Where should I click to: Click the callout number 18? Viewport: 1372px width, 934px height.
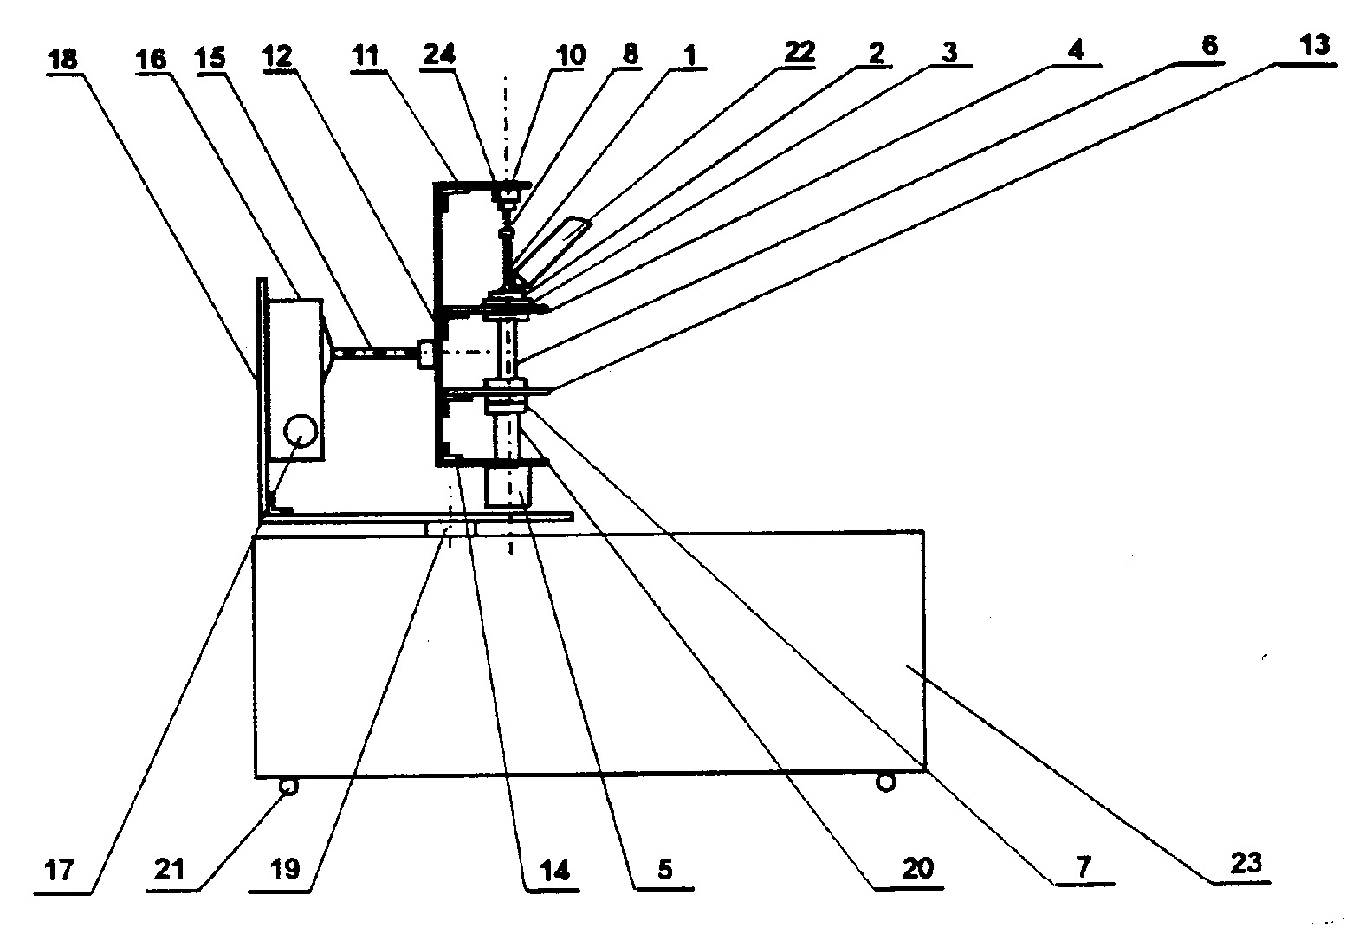[63, 60]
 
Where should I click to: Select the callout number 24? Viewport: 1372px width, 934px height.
[439, 55]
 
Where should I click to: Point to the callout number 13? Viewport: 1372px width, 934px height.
[1314, 45]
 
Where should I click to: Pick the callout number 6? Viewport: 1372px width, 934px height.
[1209, 46]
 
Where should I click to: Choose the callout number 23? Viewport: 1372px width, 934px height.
[1246, 864]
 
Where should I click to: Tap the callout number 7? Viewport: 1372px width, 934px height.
[1084, 866]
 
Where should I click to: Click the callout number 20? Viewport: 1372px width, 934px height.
[917, 868]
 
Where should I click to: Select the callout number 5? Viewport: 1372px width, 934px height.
[665, 870]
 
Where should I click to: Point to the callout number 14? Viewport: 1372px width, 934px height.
[555, 870]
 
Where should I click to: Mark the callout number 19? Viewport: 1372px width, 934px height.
[285, 869]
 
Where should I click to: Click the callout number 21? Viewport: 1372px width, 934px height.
[169, 869]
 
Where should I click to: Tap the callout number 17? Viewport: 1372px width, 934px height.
[60, 870]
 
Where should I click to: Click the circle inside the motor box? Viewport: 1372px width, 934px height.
[300, 431]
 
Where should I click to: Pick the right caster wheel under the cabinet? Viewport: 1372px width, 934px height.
[886, 782]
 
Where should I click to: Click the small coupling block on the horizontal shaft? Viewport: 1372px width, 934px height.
[426, 354]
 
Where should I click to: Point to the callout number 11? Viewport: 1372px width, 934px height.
[365, 56]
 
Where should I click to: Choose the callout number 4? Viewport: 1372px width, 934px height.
[1076, 50]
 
